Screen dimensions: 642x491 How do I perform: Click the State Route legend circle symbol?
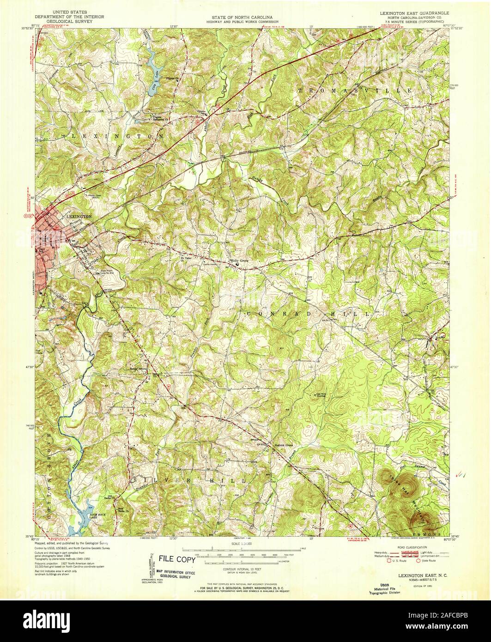pyautogui.click(x=418, y=561)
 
